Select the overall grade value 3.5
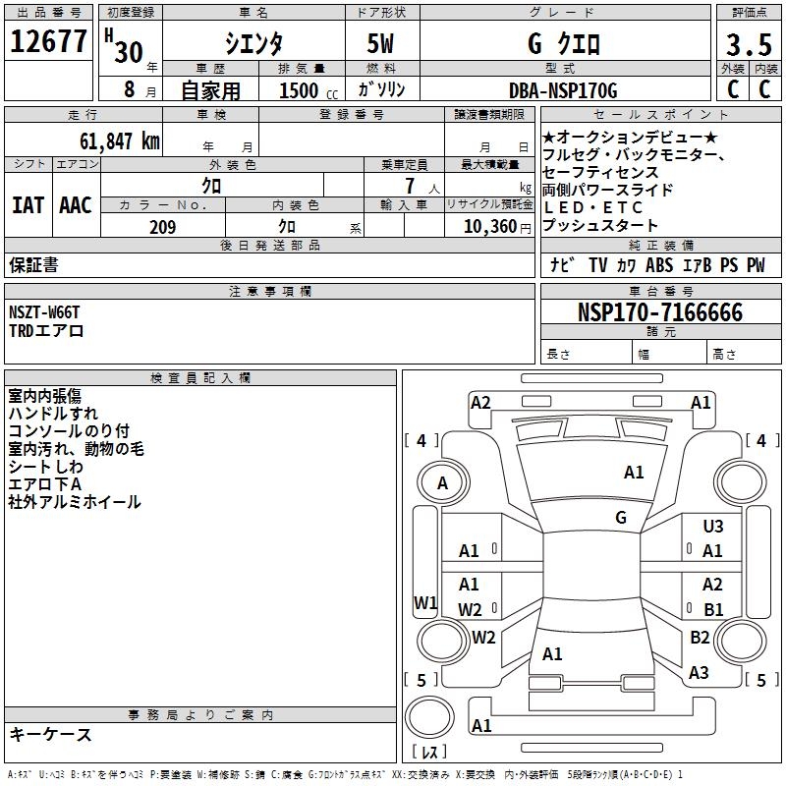[747, 46]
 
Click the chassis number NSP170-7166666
[659, 312]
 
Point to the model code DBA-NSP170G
[563, 90]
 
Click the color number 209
[162, 227]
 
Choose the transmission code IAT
[28, 205]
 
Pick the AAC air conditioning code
[76, 205]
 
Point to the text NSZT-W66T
[44, 312]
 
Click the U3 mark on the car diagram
[712, 528]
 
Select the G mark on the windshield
[621, 518]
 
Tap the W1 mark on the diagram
[424, 602]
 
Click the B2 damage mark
[700, 638]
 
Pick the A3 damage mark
[699, 673]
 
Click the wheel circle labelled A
[442, 482]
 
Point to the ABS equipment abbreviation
[659, 265]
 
